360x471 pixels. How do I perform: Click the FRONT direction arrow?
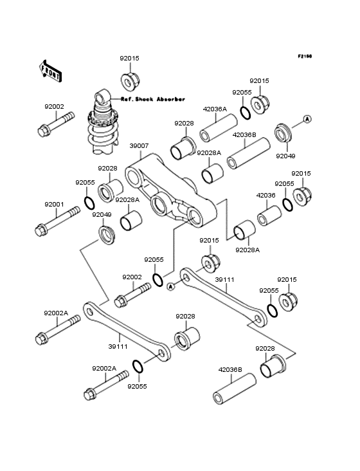tap(50, 71)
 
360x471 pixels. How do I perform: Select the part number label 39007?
tap(139, 145)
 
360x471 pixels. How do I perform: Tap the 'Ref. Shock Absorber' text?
tap(153, 99)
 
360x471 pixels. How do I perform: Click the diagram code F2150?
tap(305, 56)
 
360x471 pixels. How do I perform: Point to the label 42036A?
tap(215, 109)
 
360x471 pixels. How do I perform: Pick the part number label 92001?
tap(54, 205)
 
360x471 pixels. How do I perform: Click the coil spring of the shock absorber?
tap(102, 130)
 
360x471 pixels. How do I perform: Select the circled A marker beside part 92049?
tap(307, 119)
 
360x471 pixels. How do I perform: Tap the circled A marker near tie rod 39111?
tap(171, 287)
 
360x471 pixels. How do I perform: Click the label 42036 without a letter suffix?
tap(265, 195)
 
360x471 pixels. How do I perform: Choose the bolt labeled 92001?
tap(57, 221)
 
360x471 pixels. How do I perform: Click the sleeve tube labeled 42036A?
tap(219, 128)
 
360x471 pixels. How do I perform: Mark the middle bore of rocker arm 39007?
tap(159, 205)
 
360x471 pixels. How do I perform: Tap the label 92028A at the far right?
tap(248, 250)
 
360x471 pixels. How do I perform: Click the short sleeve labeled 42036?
tap(269, 216)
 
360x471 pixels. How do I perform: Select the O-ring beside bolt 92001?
tap(89, 203)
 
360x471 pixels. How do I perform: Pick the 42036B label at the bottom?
tap(230, 370)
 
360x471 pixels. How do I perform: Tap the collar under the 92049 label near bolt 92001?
tap(107, 235)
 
